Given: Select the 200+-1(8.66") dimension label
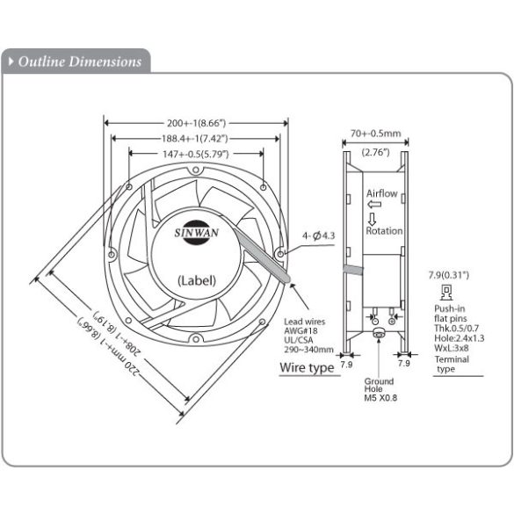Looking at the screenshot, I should [x=198, y=124].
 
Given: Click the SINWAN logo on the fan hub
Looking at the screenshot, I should [x=199, y=231].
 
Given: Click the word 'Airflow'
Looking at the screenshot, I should [x=383, y=192].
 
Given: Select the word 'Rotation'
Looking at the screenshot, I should [x=385, y=231].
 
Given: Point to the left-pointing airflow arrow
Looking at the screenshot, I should [x=373, y=204].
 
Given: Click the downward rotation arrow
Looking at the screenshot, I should [x=372, y=218].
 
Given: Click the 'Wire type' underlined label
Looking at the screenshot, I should [x=307, y=367].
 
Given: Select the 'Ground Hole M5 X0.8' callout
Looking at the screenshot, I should [x=379, y=387].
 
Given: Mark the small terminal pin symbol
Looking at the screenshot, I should [x=446, y=292].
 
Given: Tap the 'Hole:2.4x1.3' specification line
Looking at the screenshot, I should [x=460, y=337].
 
